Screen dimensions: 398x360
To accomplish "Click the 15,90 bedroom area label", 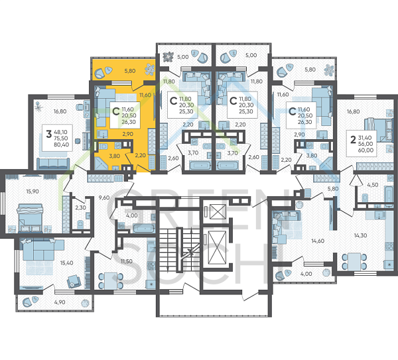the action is [x=33, y=192].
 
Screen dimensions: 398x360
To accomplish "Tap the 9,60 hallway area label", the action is [x=104, y=198].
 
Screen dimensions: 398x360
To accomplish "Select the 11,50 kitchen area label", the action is [x=127, y=261].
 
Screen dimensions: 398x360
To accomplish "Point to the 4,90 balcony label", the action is [x=60, y=302].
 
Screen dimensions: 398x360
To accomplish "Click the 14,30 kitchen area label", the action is [x=360, y=235].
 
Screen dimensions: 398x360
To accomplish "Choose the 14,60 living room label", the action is [x=318, y=241].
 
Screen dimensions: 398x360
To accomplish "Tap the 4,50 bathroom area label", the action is [x=373, y=185].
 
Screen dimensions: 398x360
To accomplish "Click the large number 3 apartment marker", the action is [x=48, y=134].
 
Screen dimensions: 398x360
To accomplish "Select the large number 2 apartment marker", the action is [x=353, y=139].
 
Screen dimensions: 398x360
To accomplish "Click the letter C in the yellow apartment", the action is [x=116, y=111].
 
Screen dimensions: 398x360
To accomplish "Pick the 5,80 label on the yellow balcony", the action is [x=130, y=71].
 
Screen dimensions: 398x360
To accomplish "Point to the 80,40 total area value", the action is [x=61, y=145].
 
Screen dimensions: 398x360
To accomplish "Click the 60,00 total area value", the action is [x=365, y=150].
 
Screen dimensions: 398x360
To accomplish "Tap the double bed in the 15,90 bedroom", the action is [x=29, y=218].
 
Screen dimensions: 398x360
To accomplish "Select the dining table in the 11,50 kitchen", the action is [x=111, y=281].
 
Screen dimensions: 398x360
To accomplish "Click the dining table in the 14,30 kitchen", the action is [x=354, y=262].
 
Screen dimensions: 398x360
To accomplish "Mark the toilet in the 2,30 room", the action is [x=80, y=224].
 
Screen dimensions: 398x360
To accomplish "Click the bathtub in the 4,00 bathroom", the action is [x=144, y=229].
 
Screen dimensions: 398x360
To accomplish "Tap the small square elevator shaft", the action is [x=218, y=211].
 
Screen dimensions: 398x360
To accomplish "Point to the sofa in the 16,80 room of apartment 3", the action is [x=53, y=163].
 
